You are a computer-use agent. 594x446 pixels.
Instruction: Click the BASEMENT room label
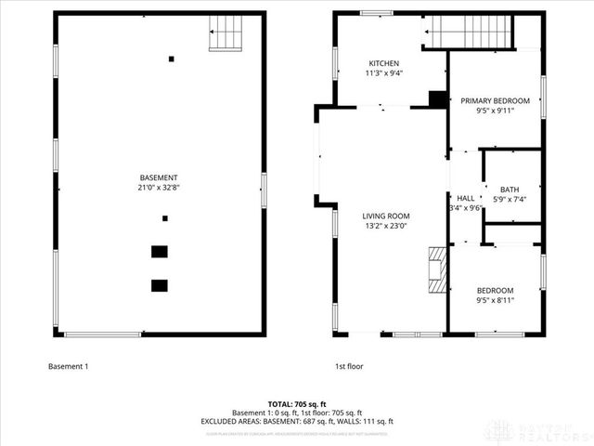coord(159,177)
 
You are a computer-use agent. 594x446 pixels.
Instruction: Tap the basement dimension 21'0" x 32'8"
coord(159,187)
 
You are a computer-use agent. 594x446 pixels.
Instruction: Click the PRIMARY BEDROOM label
coord(496,100)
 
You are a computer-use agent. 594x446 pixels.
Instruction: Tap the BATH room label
coord(510,190)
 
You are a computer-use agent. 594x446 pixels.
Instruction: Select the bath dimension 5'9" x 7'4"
coord(510,199)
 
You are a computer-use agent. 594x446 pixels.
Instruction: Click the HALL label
coord(465,198)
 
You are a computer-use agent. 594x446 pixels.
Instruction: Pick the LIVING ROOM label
coord(385,216)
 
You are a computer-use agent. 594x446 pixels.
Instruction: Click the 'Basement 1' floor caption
coord(68,366)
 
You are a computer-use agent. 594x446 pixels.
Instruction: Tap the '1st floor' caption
coord(349,366)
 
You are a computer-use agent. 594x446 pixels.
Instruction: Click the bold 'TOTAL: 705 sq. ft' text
coord(297,404)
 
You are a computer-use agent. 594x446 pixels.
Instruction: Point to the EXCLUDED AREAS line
coord(297,421)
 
